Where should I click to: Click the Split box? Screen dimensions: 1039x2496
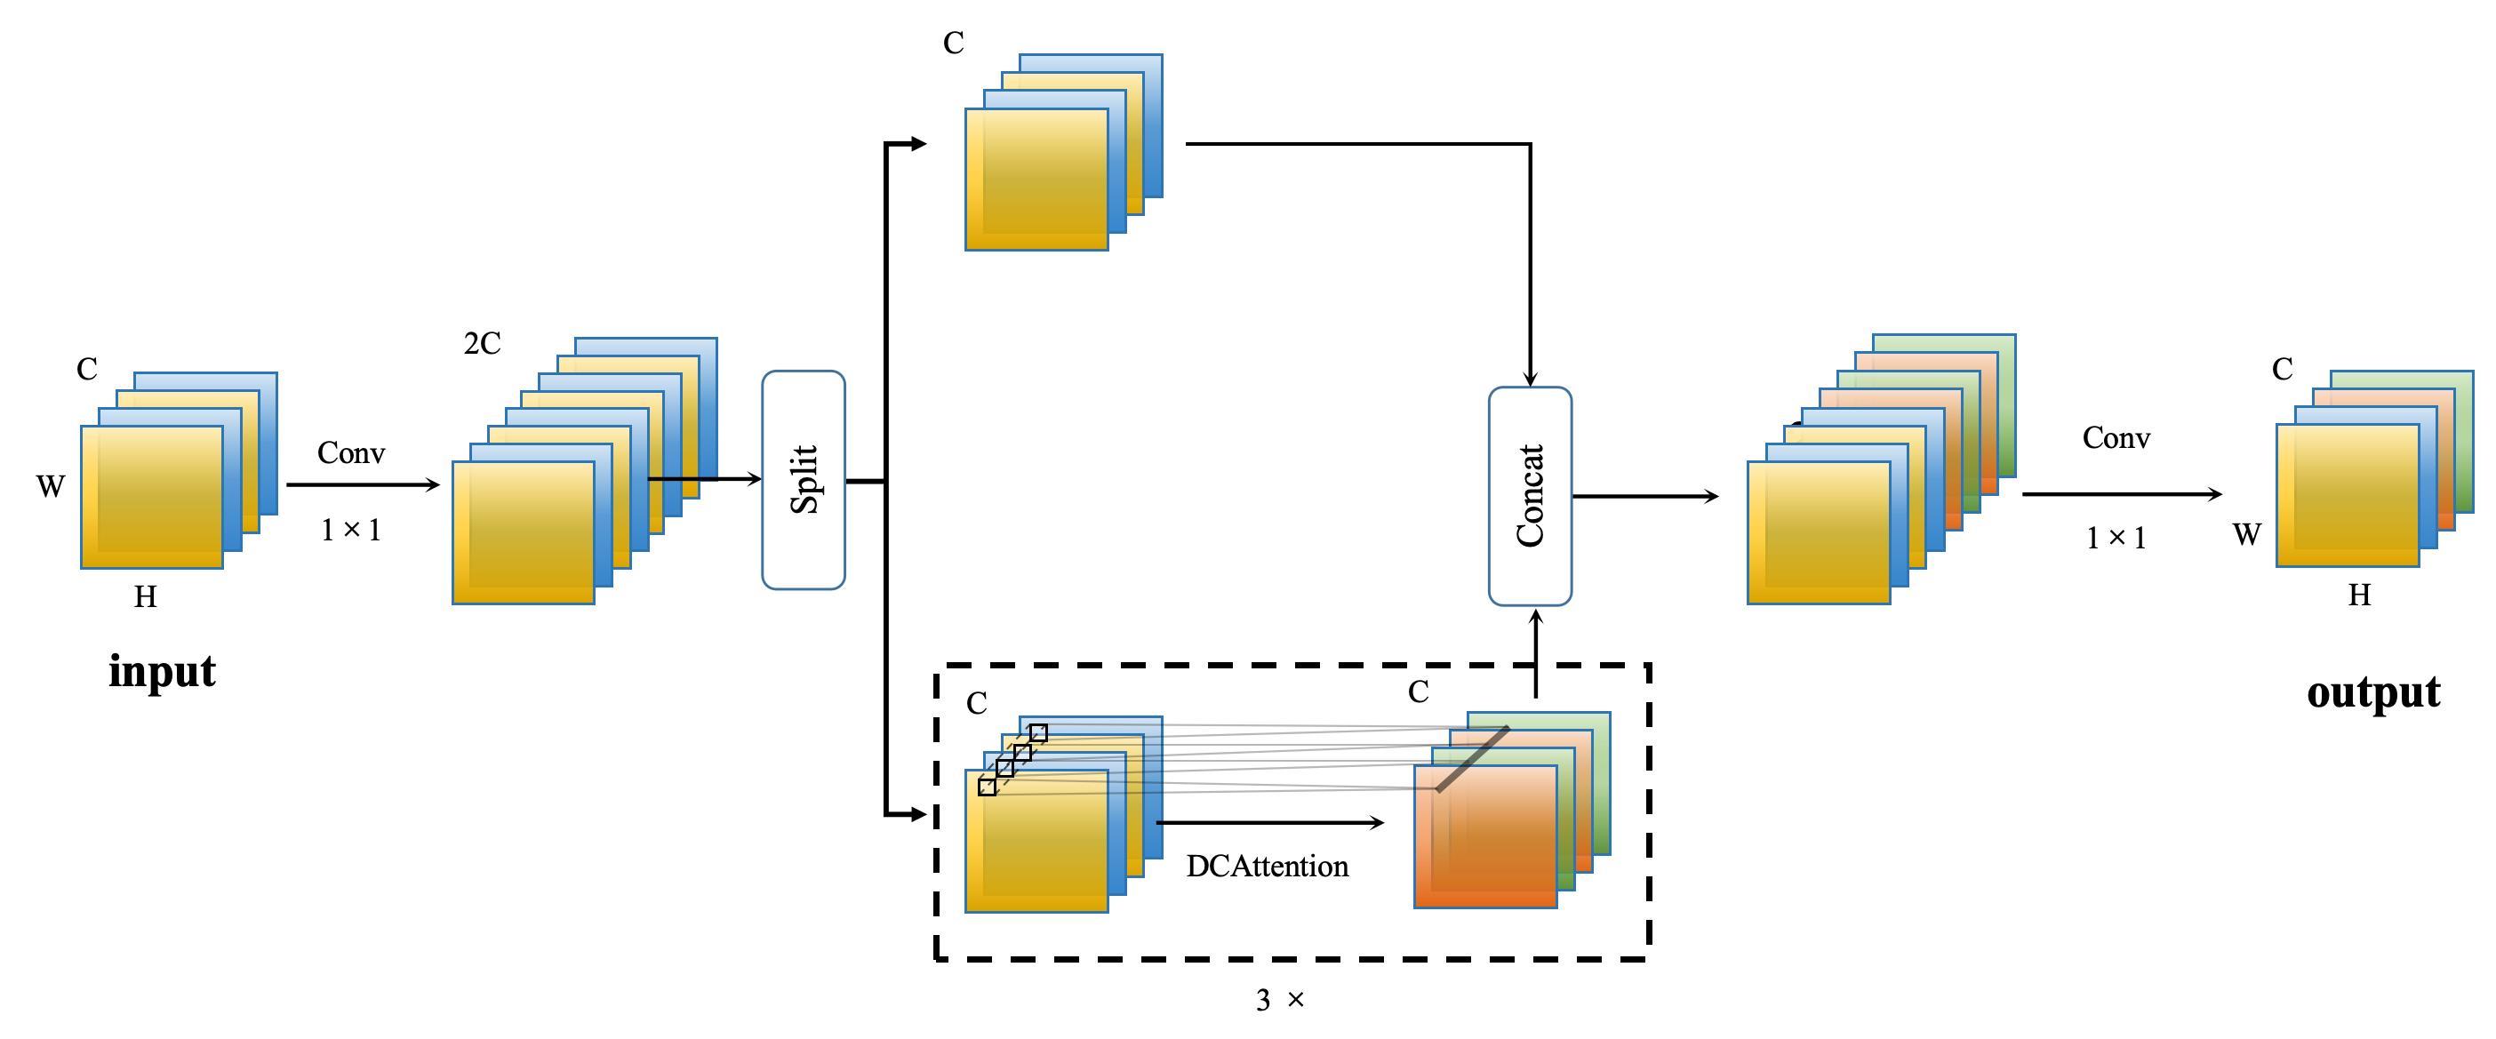pyautogui.click(x=804, y=480)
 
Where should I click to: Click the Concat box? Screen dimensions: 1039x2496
pyautogui.click(x=1530, y=496)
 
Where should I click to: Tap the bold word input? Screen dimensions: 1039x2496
pyautogui.click(x=162, y=672)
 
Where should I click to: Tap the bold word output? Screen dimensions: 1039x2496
pyautogui.click(x=2373, y=692)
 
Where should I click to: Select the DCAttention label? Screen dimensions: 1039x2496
pyautogui.click(x=1267, y=866)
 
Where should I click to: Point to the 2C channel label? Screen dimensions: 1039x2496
pyautogui.click(x=482, y=344)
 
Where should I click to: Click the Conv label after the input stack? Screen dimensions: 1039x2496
pyautogui.click(x=351, y=452)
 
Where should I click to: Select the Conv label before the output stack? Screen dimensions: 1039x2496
pyautogui.click(x=2116, y=438)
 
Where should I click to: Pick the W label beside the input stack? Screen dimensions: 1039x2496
pyautogui.click(x=51, y=485)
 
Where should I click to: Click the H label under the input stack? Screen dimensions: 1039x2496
pyautogui.click(x=146, y=597)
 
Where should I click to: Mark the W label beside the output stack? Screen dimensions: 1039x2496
pyautogui.click(x=2247, y=534)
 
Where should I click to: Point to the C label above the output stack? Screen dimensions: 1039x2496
pyautogui.click(x=2282, y=369)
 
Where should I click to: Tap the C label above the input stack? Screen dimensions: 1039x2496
pyautogui.click(x=87, y=369)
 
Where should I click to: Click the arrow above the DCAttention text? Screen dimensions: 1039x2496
pyautogui.click(x=1269, y=823)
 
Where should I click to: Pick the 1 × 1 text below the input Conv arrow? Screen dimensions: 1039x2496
pyautogui.click(x=351, y=530)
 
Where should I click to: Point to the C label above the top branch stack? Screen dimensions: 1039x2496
pyautogui.click(x=954, y=44)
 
